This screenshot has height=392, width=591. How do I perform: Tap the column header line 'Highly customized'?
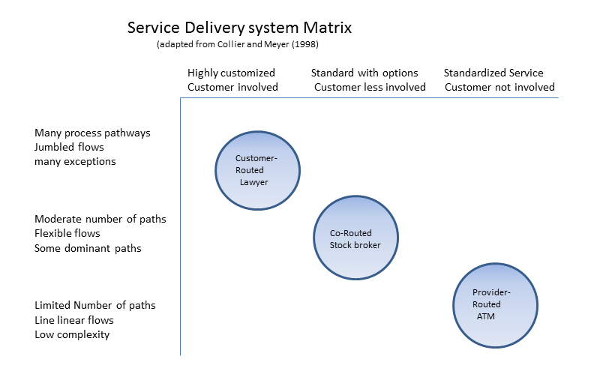(231, 73)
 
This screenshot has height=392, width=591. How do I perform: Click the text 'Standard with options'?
(364, 73)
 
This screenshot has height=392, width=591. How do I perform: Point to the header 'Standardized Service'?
(493, 73)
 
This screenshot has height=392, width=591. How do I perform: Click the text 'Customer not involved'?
(499, 87)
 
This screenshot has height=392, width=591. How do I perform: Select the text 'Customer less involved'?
(370, 87)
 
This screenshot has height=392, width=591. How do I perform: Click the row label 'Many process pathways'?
(92, 133)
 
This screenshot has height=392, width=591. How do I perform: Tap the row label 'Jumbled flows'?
(69, 147)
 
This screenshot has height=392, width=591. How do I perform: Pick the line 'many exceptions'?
(75, 161)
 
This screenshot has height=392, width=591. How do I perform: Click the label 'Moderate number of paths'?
(100, 219)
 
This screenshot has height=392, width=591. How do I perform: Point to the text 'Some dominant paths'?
(88, 248)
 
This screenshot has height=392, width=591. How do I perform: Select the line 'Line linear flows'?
(74, 320)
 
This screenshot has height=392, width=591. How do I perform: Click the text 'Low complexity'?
(72, 334)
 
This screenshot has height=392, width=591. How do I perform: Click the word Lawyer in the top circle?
(253, 182)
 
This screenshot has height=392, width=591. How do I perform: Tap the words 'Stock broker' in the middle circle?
(355, 245)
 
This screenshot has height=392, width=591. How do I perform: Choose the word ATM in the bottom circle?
(486, 316)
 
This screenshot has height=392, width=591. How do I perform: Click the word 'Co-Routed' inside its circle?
(351, 233)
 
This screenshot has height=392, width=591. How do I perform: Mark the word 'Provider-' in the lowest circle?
(491, 292)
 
